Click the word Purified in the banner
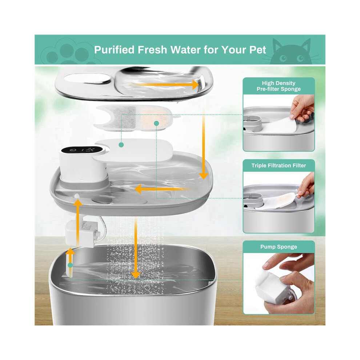click(114, 49)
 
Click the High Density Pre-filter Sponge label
click(279, 86)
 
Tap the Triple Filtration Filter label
click(279, 165)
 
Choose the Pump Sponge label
click(279, 247)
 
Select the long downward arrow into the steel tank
click(136, 248)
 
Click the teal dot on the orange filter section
click(157, 124)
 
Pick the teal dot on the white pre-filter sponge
click(121, 145)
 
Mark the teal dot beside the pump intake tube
click(71, 265)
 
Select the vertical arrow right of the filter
click(203, 145)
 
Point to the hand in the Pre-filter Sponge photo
click(302, 109)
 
